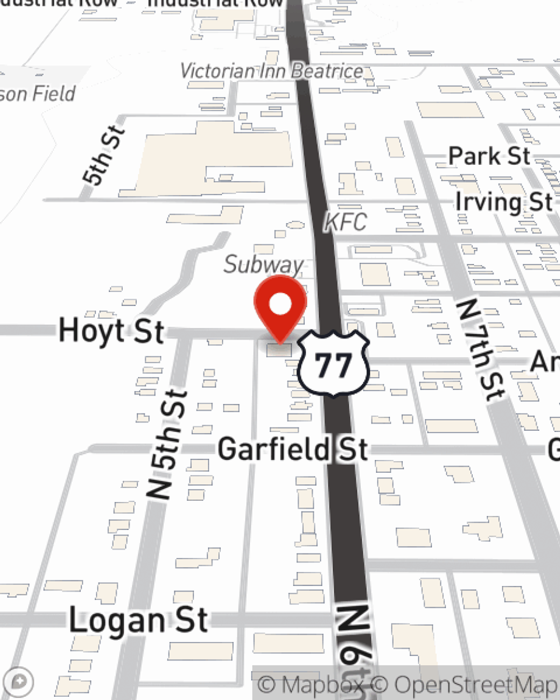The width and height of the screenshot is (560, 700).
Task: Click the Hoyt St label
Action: (x=111, y=330)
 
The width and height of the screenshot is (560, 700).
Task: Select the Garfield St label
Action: (x=292, y=450)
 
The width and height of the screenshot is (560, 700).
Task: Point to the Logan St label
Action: (x=138, y=620)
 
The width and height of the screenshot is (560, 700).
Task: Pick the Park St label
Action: (x=489, y=156)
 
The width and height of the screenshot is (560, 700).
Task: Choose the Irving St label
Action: (x=503, y=202)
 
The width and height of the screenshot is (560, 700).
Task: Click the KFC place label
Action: (x=346, y=222)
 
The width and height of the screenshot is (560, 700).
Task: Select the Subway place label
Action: (x=263, y=264)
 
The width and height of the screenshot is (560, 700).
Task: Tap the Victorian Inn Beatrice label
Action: (x=272, y=72)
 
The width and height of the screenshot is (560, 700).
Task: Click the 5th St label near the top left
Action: (x=103, y=156)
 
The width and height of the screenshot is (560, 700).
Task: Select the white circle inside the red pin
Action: (x=280, y=305)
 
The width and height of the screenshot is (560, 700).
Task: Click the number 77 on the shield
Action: (x=333, y=366)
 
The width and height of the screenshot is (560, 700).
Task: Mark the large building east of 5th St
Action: (x=213, y=157)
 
